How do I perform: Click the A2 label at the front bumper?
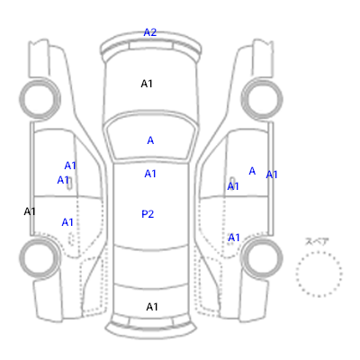(150, 32)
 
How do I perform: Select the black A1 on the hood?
(147, 84)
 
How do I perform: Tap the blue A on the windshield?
(150, 140)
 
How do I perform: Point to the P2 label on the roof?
(148, 214)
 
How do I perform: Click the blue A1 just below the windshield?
(150, 174)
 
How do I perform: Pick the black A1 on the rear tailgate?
(152, 307)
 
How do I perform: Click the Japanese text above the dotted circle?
(317, 241)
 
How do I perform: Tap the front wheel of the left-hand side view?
(40, 98)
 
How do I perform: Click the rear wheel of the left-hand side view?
(40, 257)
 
